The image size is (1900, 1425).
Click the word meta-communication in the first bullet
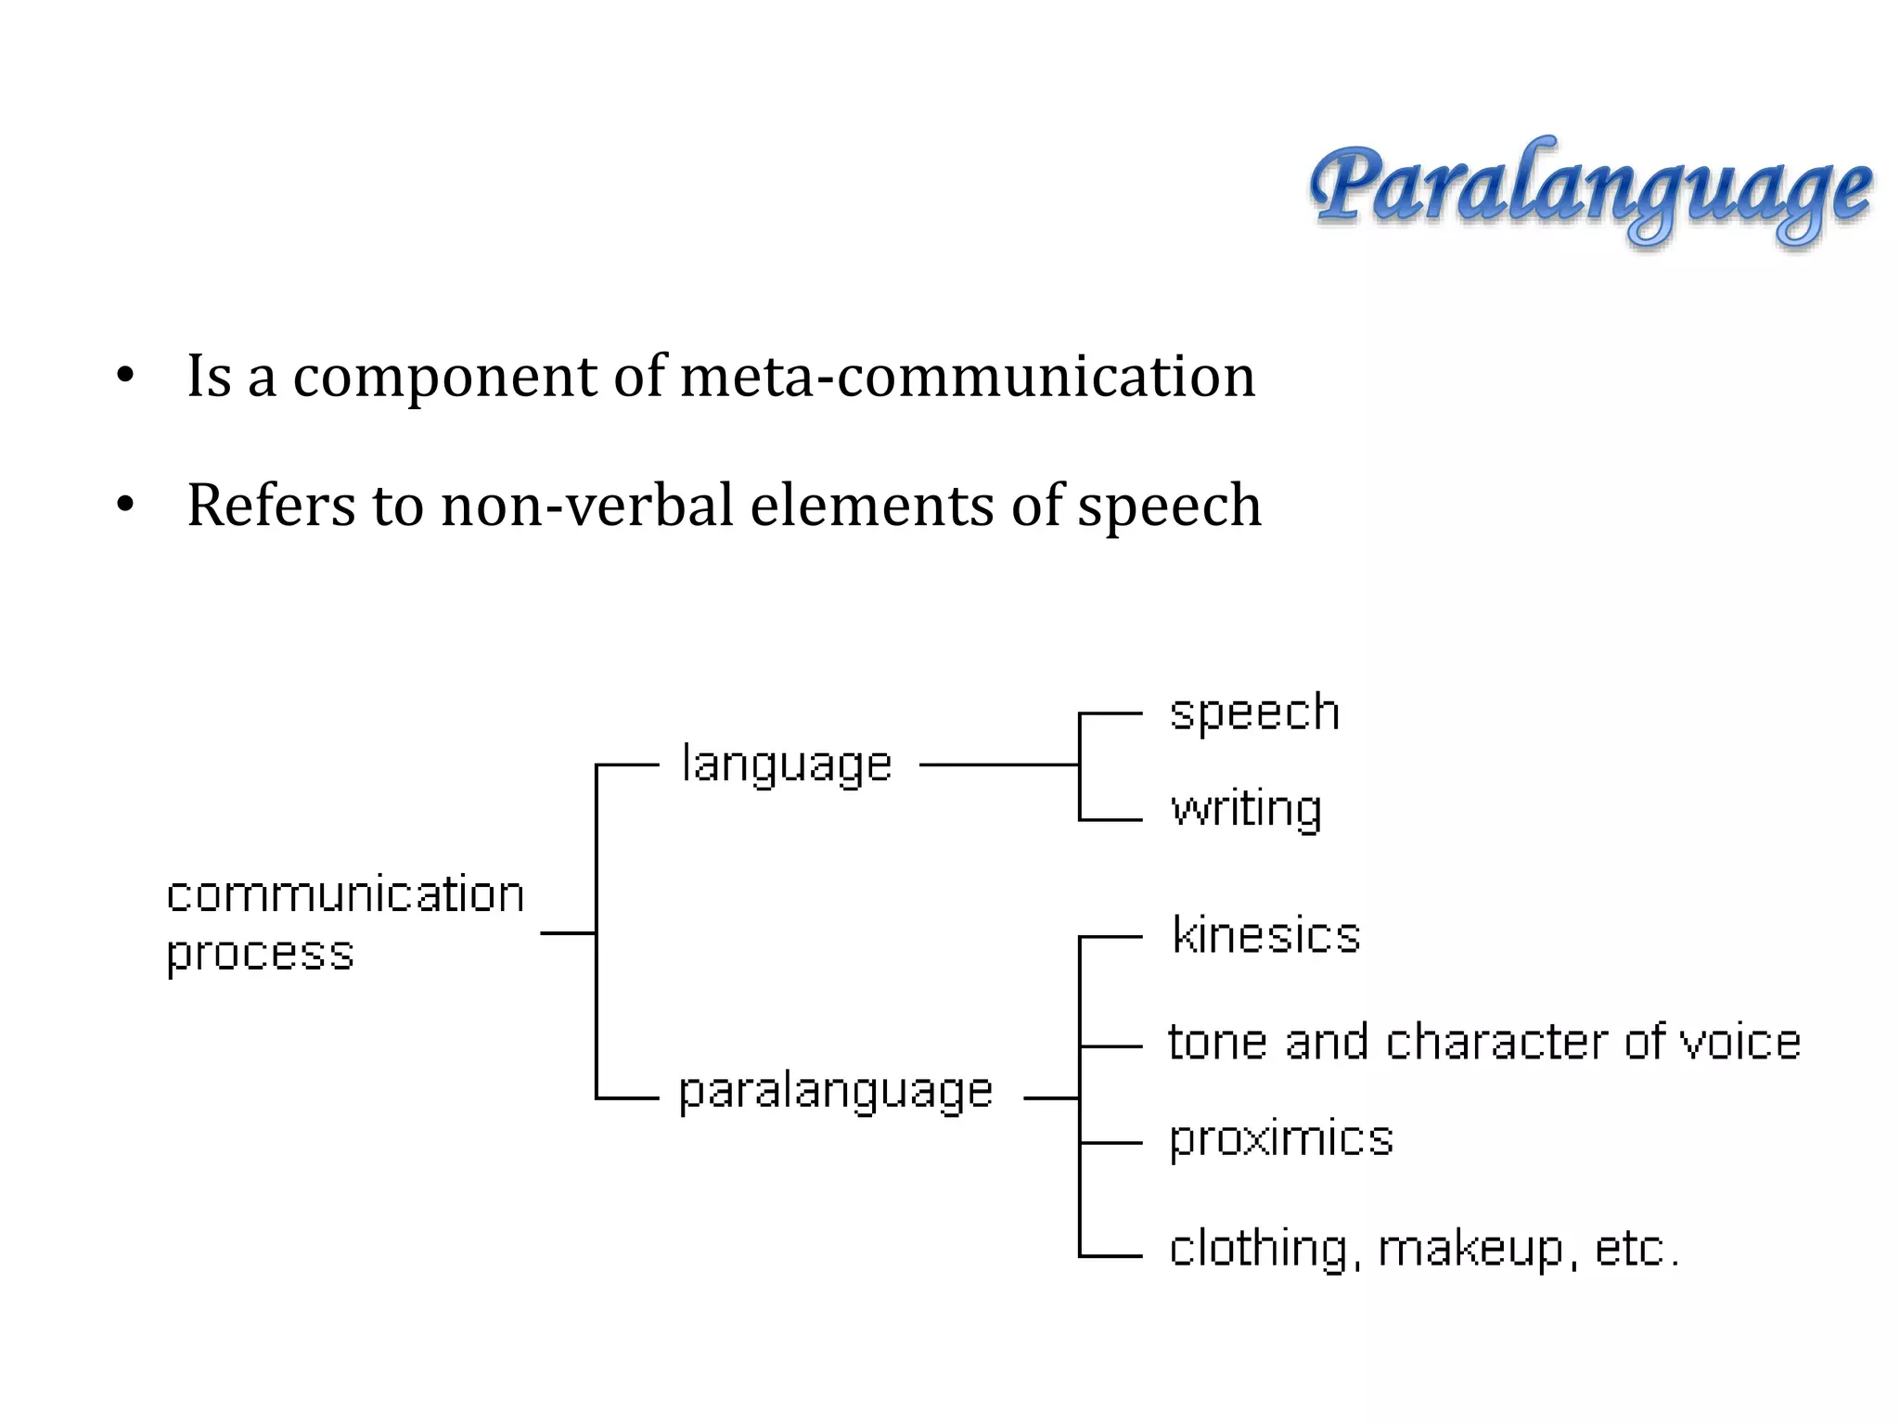pos(968,376)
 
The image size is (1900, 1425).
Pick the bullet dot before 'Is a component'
pos(126,377)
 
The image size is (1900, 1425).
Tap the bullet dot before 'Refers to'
pos(126,507)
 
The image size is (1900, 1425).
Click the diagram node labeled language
pos(787,765)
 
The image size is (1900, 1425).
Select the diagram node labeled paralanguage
pos(836,1091)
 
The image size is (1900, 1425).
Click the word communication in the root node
pos(345,895)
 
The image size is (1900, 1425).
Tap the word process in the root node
pos(261,954)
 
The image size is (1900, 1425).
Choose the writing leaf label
pos(1246,809)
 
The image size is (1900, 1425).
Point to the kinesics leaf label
pos(1266,934)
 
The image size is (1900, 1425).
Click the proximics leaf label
pos(1281,1138)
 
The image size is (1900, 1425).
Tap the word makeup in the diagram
pos(1473,1249)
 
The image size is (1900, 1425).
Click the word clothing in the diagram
pos(1258,1249)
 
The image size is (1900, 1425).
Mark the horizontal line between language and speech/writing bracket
pos(998,765)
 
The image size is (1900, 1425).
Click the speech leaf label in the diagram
pos(1254,712)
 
